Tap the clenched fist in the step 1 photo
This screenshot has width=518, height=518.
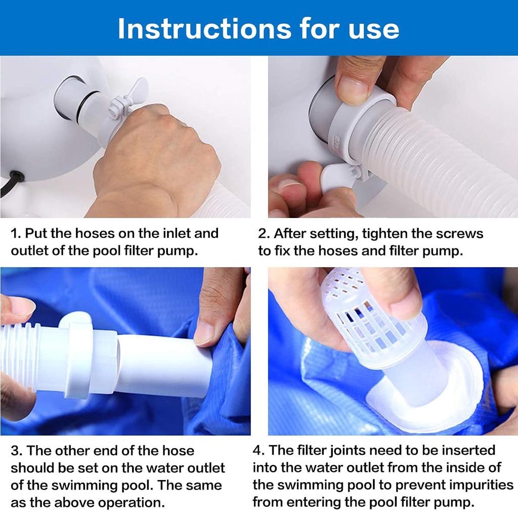click(155, 158)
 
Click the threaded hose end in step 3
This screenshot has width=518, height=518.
click(20, 356)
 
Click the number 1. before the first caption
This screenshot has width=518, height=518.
click(16, 234)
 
